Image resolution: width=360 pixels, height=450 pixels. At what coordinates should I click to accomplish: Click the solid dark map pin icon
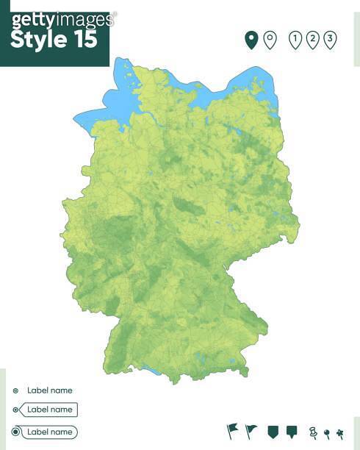pos(251,40)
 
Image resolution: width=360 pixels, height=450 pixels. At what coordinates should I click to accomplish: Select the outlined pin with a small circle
pos(270,40)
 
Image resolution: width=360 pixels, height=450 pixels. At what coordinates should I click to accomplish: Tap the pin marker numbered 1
pos(295,40)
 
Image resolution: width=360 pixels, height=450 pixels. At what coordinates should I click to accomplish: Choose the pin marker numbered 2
pos(313,40)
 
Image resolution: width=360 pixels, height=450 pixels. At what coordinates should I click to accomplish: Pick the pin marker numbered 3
pos(330,40)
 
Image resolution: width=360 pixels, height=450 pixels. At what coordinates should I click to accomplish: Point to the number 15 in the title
pos(85,40)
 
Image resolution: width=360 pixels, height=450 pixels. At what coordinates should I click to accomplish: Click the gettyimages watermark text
pos(62,19)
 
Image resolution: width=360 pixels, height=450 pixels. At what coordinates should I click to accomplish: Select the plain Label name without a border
pos(49,390)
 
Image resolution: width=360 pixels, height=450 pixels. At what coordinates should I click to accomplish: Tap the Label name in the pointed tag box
pos(49,410)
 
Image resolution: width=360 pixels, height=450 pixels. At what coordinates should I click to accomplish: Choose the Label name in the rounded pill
pos(49,432)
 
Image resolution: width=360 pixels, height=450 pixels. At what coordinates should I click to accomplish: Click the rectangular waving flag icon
pos(233,430)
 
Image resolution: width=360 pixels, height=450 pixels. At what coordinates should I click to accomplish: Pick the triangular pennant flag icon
pos(251,430)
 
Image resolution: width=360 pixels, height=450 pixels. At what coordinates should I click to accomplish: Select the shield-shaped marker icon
pos(273,431)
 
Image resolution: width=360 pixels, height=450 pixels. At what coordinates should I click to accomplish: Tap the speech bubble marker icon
pos(291,431)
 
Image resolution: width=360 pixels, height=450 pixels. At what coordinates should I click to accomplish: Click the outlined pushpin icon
pos(313,432)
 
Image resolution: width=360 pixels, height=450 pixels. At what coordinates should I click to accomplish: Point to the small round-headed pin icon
pos(327,433)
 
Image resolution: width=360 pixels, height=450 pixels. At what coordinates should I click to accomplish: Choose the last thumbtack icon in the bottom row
pos(339,433)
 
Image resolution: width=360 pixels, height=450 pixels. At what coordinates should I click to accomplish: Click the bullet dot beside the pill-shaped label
pos(15,432)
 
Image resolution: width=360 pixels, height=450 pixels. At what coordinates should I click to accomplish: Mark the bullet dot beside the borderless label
pos(15,390)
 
